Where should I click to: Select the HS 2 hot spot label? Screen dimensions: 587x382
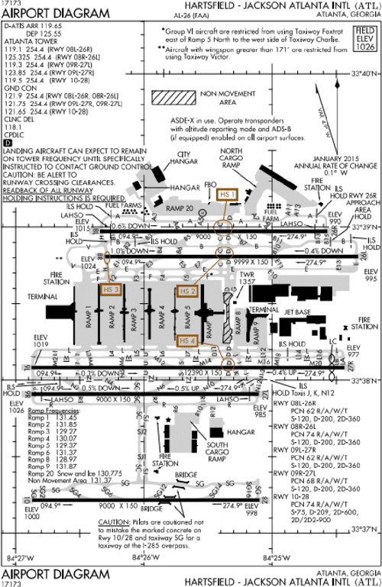pyautogui.click(x=187, y=292)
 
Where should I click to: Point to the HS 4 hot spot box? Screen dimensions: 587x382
pyautogui.click(x=187, y=340)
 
